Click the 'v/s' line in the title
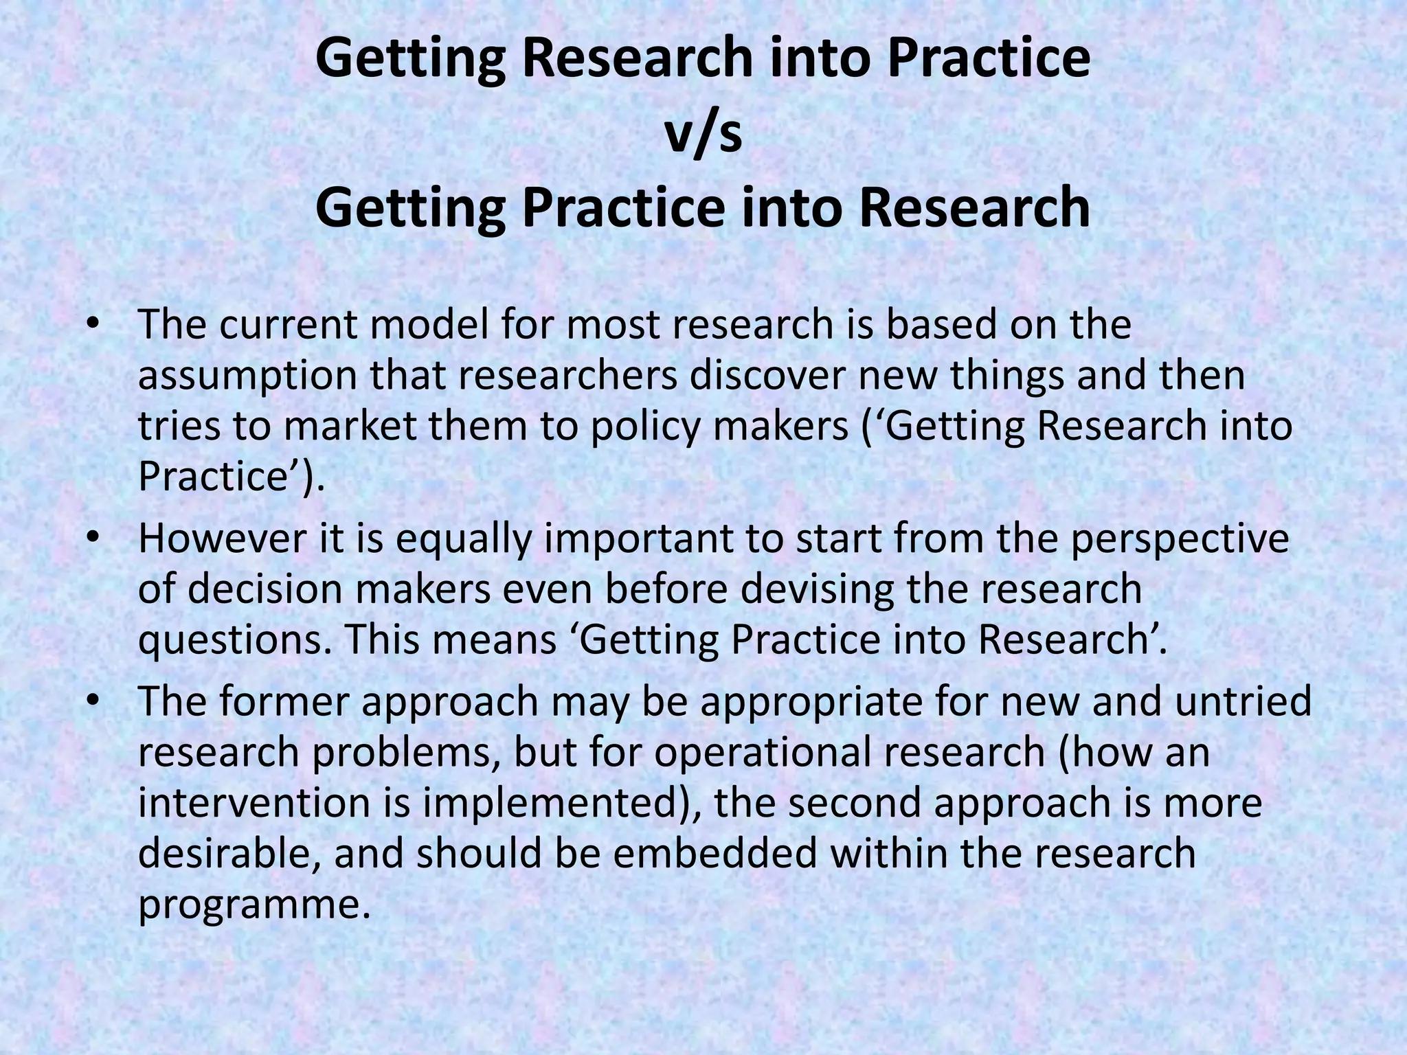tap(703, 134)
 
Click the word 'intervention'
tap(254, 802)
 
